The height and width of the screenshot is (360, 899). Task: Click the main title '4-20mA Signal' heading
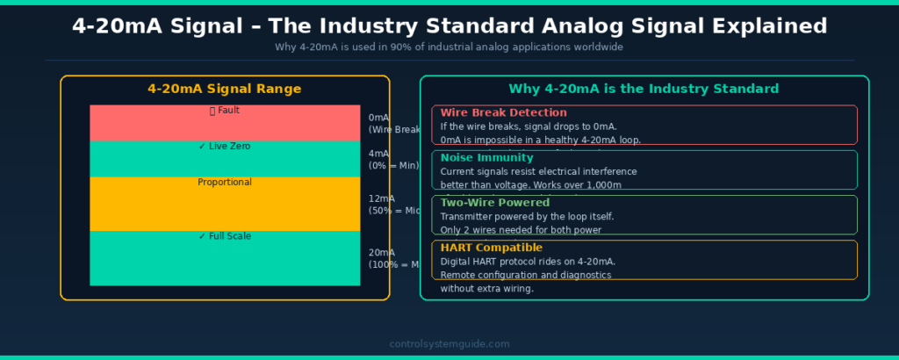pyautogui.click(x=449, y=25)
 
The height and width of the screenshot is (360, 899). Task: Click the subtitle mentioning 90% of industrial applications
pyautogui.click(x=449, y=47)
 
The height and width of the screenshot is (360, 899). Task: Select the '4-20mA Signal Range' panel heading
pyautogui.click(x=225, y=89)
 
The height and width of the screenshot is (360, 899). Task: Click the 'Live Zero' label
pyautogui.click(x=225, y=147)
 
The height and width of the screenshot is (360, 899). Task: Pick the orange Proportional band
pyautogui.click(x=225, y=204)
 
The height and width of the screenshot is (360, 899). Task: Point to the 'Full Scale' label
pyautogui.click(x=225, y=236)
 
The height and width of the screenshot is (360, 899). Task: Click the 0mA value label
pyautogui.click(x=379, y=118)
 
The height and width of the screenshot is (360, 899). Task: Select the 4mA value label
pyautogui.click(x=379, y=154)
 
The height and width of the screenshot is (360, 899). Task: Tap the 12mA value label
pyautogui.click(x=382, y=199)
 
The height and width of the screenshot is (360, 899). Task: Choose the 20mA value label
pyautogui.click(x=382, y=253)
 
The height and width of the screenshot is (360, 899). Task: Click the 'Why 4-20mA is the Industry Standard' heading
pyautogui.click(x=644, y=89)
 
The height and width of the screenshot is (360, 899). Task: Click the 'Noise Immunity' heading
pyautogui.click(x=486, y=158)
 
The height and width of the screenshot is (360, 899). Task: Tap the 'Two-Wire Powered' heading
pyautogui.click(x=495, y=203)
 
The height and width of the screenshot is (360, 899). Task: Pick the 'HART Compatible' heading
pyautogui.click(x=492, y=248)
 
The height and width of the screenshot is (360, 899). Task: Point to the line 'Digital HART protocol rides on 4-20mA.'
pyautogui.click(x=528, y=262)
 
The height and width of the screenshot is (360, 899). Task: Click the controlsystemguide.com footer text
pyautogui.click(x=449, y=344)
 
